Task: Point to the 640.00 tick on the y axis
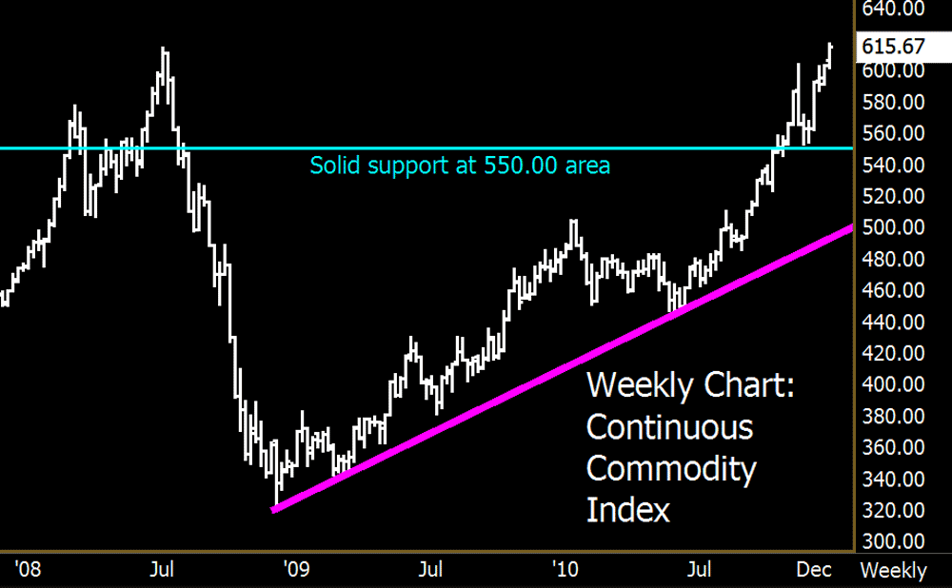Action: click(x=893, y=10)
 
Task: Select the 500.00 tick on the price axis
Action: click(x=893, y=227)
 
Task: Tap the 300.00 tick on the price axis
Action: click(x=893, y=541)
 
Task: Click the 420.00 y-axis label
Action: click(x=893, y=353)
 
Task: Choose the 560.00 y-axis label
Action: click(x=893, y=133)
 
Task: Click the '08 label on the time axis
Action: click(x=27, y=570)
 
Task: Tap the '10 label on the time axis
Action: click(x=566, y=570)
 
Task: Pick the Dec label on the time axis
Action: click(x=814, y=570)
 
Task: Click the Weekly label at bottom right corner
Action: click(x=893, y=571)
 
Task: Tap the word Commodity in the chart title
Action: click(x=670, y=468)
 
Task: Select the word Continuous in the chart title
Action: click(x=668, y=427)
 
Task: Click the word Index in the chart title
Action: click(x=627, y=510)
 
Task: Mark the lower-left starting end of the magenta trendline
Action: click(x=275, y=510)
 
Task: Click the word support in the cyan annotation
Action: click(x=409, y=167)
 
